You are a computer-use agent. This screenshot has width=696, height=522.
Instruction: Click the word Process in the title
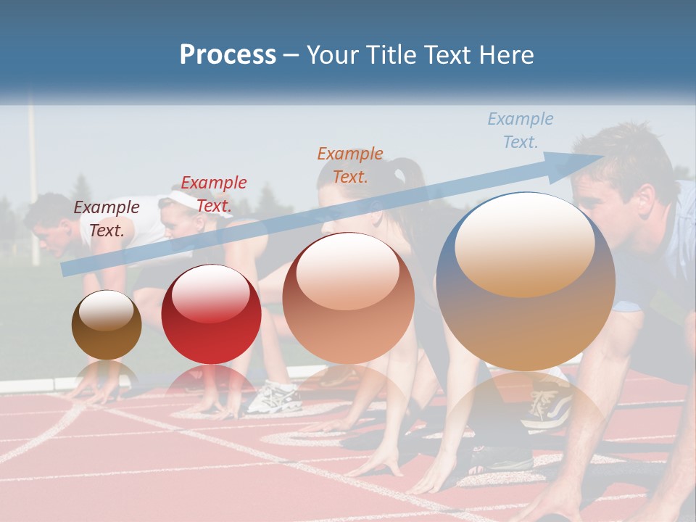pyautogui.click(x=228, y=54)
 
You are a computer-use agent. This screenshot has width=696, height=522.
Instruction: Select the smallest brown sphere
pyautogui.click(x=107, y=325)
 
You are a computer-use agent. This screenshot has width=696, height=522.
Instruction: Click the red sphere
pyautogui.click(x=211, y=314)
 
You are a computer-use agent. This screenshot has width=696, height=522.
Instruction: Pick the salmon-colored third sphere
pyautogui.click(x=348, y=298)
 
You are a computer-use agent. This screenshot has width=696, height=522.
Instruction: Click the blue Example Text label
pyautogui.click(x=520, y=130)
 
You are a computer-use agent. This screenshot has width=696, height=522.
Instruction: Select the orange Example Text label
pyautogui.click(x=350, y=165)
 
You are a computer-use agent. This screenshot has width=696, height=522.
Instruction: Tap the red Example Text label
pyautogui.click(x=214, y=194)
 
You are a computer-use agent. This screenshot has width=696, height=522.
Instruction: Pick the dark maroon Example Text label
pyautogui.click(x=107, y=218)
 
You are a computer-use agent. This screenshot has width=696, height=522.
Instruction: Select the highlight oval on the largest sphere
pyautogui.click(x=524, y=245)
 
